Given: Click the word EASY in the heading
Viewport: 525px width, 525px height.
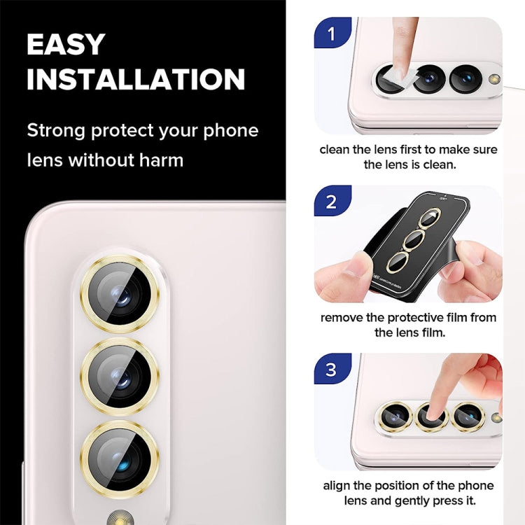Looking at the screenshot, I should (65, 44).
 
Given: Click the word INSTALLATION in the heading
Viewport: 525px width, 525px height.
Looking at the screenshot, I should (136, 79).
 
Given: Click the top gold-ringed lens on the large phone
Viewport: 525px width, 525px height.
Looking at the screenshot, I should (119, 295).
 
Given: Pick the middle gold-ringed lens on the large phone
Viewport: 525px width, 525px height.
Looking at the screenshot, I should (119, 377).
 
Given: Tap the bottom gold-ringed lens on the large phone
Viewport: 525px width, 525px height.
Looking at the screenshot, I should (119, 458).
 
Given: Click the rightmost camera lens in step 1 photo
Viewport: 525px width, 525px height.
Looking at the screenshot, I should (465, 78).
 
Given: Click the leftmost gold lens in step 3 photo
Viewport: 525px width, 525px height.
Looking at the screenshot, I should (395, 416).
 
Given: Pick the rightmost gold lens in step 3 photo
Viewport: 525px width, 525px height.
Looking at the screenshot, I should (467, 416).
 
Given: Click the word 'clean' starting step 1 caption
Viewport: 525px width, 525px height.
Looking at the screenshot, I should (336, 150).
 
